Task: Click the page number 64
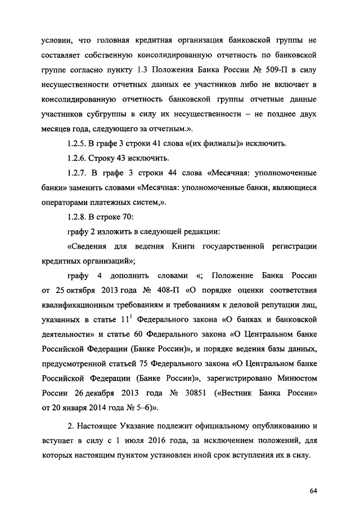(x=314, y=492)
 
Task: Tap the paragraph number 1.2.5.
(x=78, y=144)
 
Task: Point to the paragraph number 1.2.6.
(x=78, y=159)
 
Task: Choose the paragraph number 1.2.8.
(x=78, y=217)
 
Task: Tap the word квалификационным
(x=79, y=305)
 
